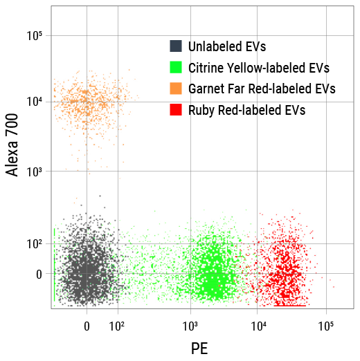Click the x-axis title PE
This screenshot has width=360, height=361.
[199, 348]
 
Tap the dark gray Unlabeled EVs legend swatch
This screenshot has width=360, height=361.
[176, 46]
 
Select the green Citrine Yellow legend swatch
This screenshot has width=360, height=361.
[176, 68]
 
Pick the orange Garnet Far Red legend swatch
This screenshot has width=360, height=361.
[176, 89]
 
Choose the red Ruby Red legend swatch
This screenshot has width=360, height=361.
[176, 109]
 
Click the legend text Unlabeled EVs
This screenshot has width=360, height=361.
[226, 47]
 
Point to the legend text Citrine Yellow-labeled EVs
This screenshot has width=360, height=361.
[258, 68]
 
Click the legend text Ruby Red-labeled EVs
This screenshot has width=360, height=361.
[246, 109]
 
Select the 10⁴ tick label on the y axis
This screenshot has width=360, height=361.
[35, 102]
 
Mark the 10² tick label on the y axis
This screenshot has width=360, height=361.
[35, 243]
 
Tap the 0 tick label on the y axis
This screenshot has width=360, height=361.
[39, 275]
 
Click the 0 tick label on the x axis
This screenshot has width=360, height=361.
[87, 324]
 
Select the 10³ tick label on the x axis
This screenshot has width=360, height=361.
[190, 324]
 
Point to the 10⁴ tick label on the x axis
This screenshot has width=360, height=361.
[258, 324]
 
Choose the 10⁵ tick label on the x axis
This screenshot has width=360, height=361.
[326, 324]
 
